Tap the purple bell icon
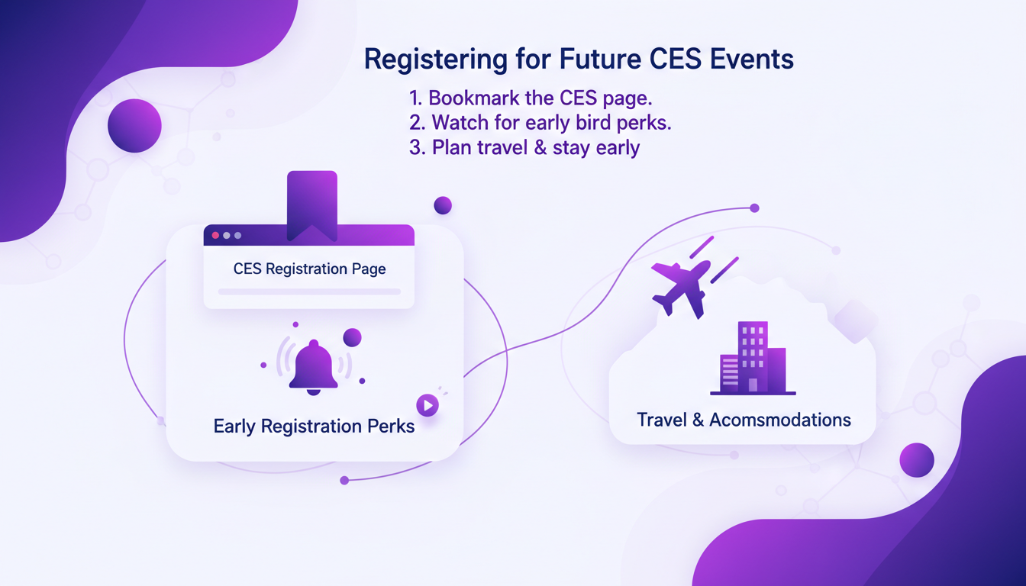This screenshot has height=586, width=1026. coord(313,367)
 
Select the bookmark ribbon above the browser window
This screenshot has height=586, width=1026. coord(312,206)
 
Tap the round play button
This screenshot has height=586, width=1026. coord(427,406)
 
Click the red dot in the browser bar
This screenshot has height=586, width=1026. coord(215,235)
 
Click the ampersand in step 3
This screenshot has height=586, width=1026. coord(540,147)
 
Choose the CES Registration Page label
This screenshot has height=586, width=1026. coord(310,269)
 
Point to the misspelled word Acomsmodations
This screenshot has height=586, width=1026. coord(780,420)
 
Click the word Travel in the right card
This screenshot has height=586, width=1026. coord(661,420)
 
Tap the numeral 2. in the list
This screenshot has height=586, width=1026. coord(418,123)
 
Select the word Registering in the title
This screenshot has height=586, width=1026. coord(436,60)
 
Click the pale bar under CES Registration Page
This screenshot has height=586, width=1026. coord(309,291)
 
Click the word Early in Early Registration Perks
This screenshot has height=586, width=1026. coord(234,427)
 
